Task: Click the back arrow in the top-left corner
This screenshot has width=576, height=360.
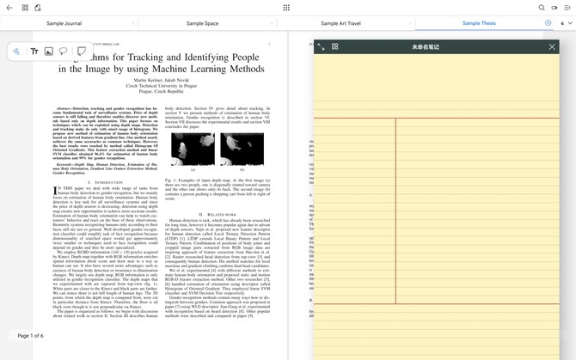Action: [9, 8]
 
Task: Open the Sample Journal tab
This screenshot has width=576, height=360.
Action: [64, 23]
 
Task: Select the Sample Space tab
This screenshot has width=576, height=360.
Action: [202, 23]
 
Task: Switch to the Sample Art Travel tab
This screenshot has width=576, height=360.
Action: [340, 23]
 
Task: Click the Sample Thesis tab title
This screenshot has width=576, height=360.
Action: [479, 23]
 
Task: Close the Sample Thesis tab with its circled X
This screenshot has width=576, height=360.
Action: [548, 23]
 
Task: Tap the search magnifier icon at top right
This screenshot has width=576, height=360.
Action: [542, 8]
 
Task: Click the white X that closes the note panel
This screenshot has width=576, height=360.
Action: [552, 46]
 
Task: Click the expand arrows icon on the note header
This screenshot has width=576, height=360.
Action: [322, 46]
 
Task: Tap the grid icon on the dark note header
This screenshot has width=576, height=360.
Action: [334, 46]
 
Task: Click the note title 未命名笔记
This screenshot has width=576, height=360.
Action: [426, 46]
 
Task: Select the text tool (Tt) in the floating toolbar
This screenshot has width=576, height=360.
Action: [34, 52]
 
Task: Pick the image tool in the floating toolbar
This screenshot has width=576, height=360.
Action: [49, 52]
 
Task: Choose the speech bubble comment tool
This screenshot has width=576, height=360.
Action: [64, 52]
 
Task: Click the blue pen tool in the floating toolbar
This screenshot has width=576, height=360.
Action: [16, 52]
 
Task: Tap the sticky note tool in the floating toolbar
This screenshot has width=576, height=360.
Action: [82, 52]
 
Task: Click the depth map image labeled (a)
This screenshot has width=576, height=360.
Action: [193, 149]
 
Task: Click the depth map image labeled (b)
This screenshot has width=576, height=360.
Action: [242, 149]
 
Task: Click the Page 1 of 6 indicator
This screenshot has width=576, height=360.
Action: [31, 335]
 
